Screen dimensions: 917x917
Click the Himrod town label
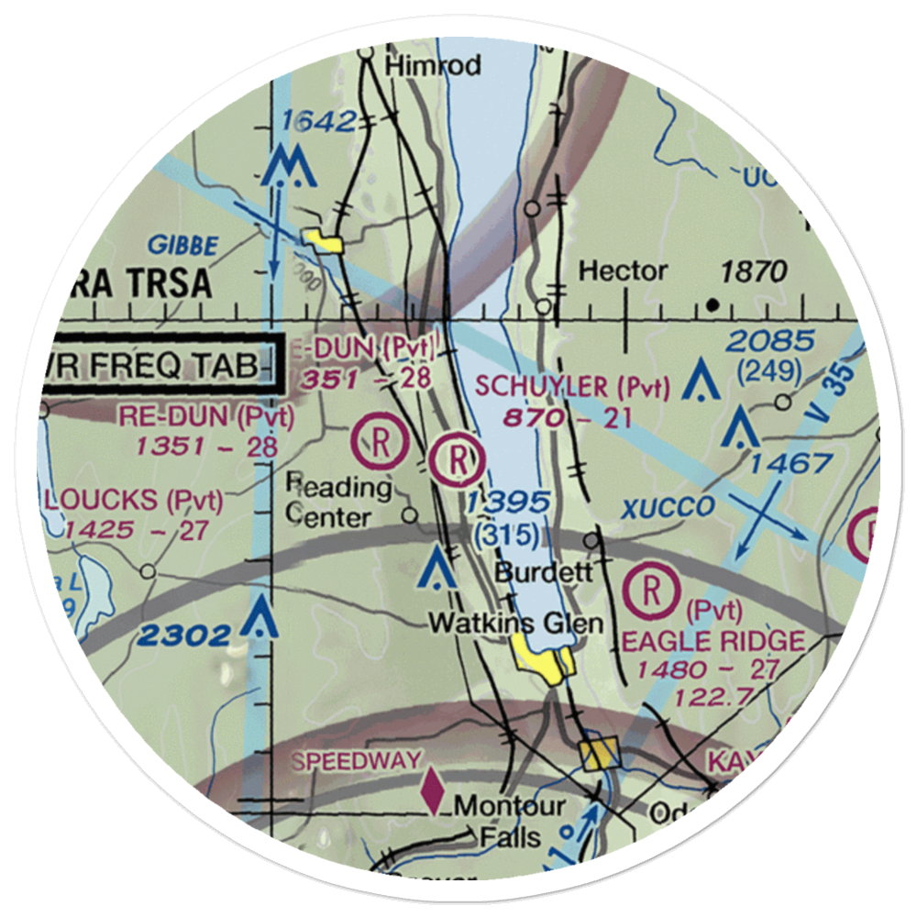tap(433, 66)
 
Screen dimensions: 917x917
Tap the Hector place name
tap(623, 271)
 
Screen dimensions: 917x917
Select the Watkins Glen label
tap(516, 624)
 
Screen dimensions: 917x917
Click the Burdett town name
tap(532, 573)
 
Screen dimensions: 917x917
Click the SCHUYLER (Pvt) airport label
tap(573, 388)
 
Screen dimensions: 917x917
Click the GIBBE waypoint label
tap(186, 246)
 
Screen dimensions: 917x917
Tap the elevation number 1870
tap(753, 271)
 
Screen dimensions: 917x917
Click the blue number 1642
tap(317, 121)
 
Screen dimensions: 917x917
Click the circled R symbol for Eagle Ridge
tap(651, 592)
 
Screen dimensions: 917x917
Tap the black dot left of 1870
tap(713, 304)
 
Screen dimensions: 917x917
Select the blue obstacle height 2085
tap(769, 342)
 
